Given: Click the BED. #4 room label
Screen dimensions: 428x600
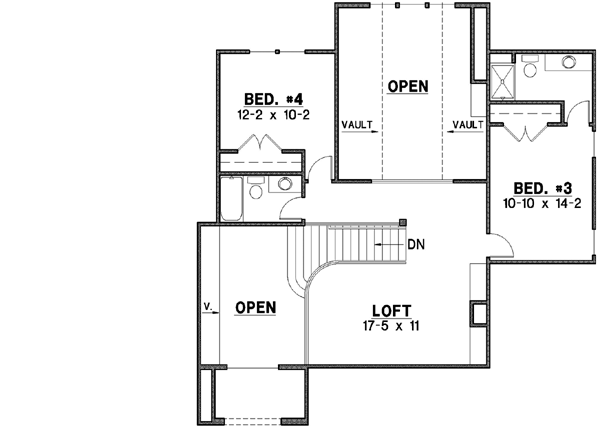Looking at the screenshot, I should pos(273,99).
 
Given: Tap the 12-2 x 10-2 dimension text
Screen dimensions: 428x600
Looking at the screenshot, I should pos(273,114).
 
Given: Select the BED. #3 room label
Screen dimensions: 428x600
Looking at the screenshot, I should pos(536,187).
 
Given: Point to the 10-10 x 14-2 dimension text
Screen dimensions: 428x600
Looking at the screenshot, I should pos(536,202).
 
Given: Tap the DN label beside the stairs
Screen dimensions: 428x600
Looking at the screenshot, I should pos(417,243).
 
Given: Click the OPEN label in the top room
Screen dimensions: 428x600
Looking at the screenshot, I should pos(408,87).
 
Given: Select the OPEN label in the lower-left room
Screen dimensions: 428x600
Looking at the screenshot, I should pos(254,309).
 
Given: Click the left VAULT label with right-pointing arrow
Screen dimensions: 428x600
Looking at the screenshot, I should pos(358,125).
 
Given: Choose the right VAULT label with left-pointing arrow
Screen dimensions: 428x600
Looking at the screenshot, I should pos(467,125).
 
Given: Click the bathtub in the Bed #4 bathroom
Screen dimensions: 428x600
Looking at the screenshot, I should pos(229,199).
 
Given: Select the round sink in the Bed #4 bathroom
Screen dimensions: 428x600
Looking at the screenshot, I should pos(285,183).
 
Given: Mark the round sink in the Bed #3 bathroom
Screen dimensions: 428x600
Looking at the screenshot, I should pos(568,63).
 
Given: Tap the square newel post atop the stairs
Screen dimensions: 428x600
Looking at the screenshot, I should pos(402,223).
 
